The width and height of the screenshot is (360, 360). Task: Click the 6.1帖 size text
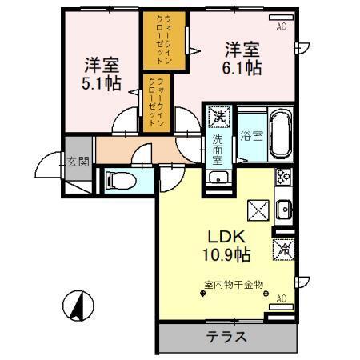[x=242, y=70]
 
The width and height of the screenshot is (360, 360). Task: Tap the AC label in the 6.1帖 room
[x=281, y=27]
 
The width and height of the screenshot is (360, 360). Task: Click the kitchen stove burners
[x=283, y=181]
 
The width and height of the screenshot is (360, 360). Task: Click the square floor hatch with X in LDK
[x=258, y=210]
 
